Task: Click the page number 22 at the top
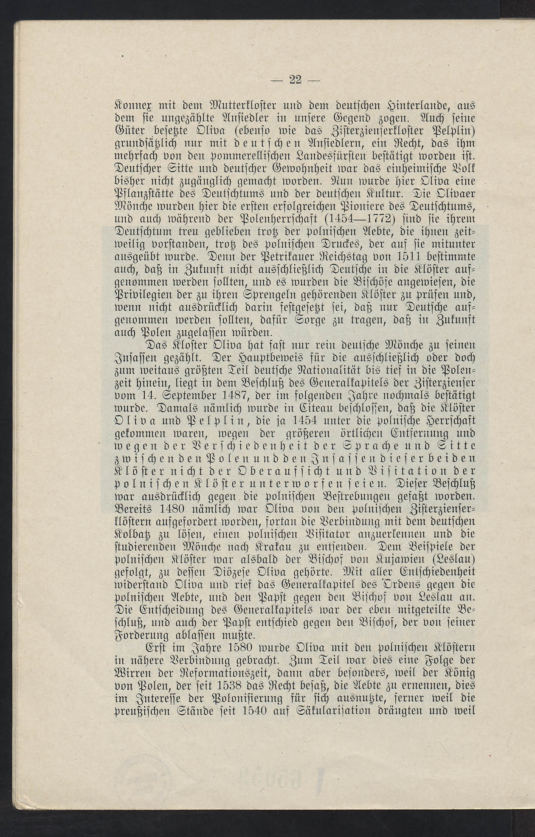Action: coord(295,79)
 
